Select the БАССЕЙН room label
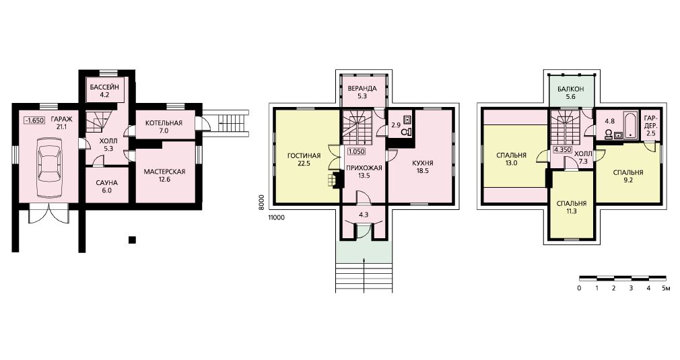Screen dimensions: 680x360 pyautogui.click(x=104, y=91)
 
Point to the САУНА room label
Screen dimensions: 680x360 pyautogui.click(x=106, y=186)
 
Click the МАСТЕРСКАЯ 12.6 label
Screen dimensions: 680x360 pyautogui.click(x=164, y=175)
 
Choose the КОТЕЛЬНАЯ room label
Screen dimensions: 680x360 pyautogui.click(x=164, y=127)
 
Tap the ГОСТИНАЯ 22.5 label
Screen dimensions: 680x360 pyautogui.click(x=304, y=159)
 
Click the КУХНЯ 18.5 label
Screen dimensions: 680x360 pyautogui.click(x=423, y=167)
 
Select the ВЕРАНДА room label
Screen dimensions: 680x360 pyautogui.click(x=362, y=92)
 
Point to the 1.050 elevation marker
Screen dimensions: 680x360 pyautogui.click(x=356, y=151)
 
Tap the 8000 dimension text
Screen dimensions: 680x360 pyautogui.click(x=261, y=203)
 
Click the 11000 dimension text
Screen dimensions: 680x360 pyautogui.click(x=276, y=217)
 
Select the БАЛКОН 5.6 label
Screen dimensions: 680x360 pyautogui.click(x=571, y=93)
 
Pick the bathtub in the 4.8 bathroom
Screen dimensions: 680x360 pyautogui.click(x=630, y=126)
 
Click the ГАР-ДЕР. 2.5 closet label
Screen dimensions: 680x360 pyautogui.click(x=651, y=126)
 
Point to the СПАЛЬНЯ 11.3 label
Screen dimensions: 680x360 pyautogui.click(x=571, y=207)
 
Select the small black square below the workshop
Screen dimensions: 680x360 pyautogui.click(x=132, y=240)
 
